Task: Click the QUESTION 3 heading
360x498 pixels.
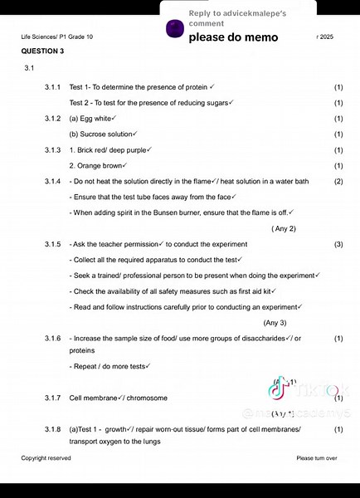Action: (x=42, y=51)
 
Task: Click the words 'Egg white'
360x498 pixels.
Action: (x=96, y=119)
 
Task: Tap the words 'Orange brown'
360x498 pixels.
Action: (x=100, y=166)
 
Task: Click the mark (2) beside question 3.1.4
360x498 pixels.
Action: (x=338, y=181)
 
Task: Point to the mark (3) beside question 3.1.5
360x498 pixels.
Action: (x=338, y=244)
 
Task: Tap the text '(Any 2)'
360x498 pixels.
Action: (x=284, y=228)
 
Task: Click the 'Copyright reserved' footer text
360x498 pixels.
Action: (x=46, y=458)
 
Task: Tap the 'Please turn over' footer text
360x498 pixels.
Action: (x=316, y=458)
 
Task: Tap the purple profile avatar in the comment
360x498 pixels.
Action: (x=174, y=29)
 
